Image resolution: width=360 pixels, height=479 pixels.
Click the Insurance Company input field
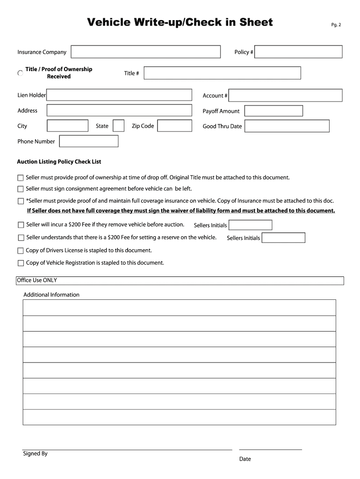click(x=145, y=52)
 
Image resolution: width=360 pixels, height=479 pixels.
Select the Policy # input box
click(x=299, y=52)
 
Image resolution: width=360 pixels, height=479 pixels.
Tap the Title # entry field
click(x=222, y=73)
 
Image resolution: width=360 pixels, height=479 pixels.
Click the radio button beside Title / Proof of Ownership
click(x=20, y=73)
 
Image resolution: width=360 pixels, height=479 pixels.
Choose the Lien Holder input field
click(x=119, y=95)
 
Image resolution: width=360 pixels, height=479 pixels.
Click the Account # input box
click(x=286, y=95)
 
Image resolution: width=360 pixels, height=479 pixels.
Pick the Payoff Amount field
click(x=274, y=111)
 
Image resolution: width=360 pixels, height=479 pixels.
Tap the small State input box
click(x=119, y=126)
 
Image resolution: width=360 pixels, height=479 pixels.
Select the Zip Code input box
click(x=174, y=126)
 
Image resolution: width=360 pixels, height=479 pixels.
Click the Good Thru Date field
click(x=287, y=126)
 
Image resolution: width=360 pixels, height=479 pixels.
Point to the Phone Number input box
click(x=89, y=141)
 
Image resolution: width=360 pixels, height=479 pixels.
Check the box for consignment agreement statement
click(x=20, y=189)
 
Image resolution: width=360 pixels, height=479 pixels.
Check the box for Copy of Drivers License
click(x=20, y=251)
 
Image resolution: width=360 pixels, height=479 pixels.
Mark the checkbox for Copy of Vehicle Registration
click(x=20, y=263)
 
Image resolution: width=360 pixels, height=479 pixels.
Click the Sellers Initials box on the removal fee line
click(x=250, y=225)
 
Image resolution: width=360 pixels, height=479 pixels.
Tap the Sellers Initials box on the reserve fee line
click(x=283, y=238)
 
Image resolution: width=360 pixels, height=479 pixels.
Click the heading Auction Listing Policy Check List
click(x=59, y=162)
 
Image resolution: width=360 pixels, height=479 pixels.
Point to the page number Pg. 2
click(x=337, y=25)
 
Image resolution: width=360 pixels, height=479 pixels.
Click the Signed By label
click(x=35, y=454)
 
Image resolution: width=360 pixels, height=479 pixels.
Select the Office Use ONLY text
click(x=37, y=280)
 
